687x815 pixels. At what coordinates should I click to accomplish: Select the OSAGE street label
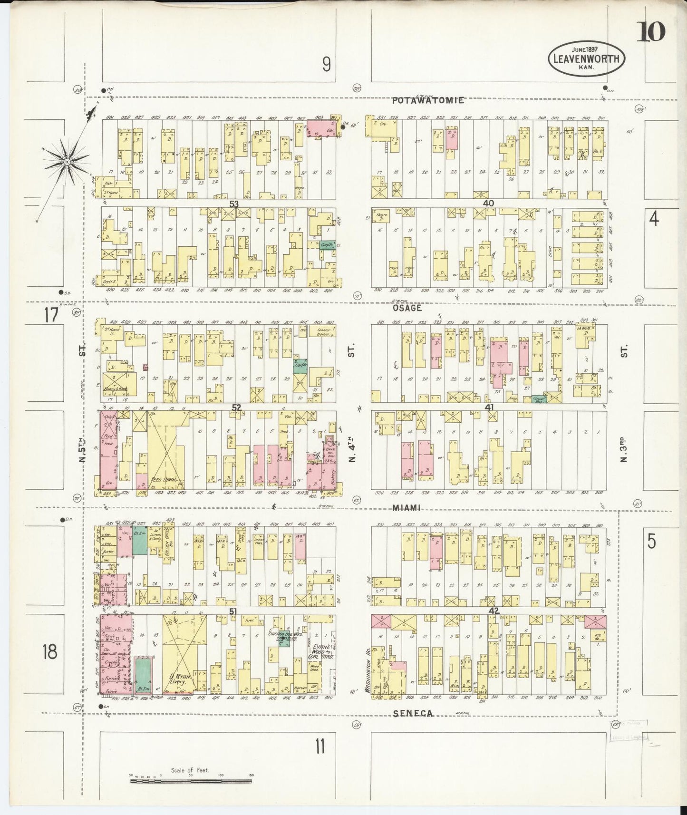(406, 308)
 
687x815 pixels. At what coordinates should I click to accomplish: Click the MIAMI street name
(407, 508)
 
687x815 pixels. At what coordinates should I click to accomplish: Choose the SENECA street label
(413, 713)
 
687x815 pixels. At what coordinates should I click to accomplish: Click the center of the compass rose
(68, 162)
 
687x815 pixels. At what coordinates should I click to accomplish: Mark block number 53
(233, 204)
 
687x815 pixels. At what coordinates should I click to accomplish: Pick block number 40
(488, 203)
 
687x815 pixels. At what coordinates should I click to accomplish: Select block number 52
(236, 407)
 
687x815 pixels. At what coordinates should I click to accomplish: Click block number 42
(494, 611)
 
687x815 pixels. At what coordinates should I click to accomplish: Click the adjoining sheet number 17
(51, 315)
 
